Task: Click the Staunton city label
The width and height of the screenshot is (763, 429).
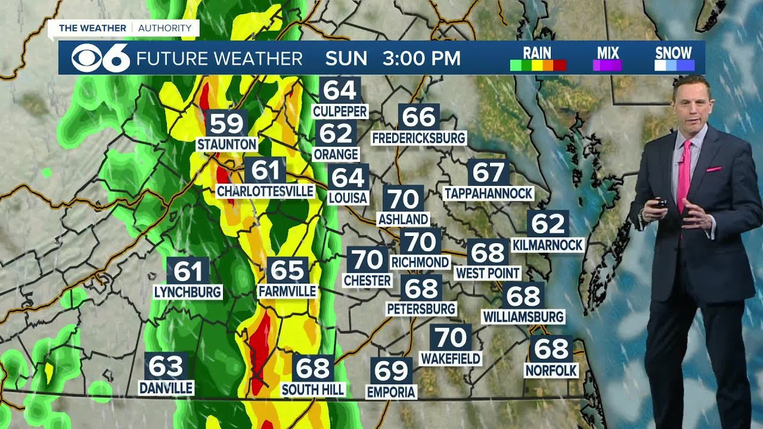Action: (x=227, y=144)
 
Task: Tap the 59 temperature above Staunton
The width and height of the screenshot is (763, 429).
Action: (x=227, y=123)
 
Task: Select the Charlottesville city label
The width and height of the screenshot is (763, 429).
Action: (x=265, y=191)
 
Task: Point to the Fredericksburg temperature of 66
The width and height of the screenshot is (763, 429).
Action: (x=419, y=117)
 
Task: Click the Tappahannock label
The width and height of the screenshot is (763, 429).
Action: (x=488, y=193)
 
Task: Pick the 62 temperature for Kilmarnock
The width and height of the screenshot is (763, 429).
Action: (x=548, y=223)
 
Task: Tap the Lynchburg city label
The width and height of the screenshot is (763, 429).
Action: (x=188, y=292)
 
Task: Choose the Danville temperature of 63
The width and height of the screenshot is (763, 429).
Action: (x=166, y=365)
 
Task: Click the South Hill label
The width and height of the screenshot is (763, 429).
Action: (x=313, y=389)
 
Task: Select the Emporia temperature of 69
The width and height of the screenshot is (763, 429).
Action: (x=391, y=371)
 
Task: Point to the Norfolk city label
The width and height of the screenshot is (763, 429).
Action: (x=551, y=371)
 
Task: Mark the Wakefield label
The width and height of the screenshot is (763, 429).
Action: (x=450, y=358)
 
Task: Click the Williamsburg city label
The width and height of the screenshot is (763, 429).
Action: (x=523, y=316)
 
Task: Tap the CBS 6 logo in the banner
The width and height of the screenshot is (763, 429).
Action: (x=100, y=58)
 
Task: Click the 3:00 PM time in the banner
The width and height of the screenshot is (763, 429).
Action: (x=422, y=58)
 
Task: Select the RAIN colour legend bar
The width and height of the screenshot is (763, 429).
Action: (x=538, y=66)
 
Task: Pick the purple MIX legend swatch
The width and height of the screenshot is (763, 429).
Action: (x=607, y=66)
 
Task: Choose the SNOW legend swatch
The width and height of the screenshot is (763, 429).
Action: (x=674, y=66)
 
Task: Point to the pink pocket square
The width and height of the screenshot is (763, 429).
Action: (x=714, y=169)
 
